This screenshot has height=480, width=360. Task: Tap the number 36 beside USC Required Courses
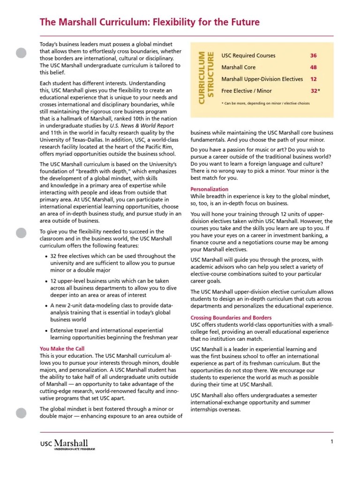(x=313, y=56)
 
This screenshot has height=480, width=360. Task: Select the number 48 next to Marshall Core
(x=313, y=67)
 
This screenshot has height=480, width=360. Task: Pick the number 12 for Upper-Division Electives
(x=313, y=79)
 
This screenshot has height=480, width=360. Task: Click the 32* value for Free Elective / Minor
(x=315, y=91)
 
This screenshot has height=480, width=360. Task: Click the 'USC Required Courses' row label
(x=248, y=56)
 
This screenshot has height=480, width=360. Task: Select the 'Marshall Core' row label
(x=238, y=67)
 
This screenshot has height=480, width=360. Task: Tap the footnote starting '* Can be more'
(x=265, y=103)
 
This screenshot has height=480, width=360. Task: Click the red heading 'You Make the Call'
(x=62, y=349)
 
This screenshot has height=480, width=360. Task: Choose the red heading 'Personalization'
(x=210, y=189)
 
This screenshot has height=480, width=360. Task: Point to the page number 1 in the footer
(x=331, y=442)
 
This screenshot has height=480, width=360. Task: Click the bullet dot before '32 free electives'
(x=45, y=256)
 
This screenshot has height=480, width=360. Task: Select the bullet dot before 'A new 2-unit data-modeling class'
(x=45, y=306)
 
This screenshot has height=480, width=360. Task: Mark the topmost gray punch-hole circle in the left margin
(x=22, y=53)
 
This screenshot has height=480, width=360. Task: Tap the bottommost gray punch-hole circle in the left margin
(x=22, y=413)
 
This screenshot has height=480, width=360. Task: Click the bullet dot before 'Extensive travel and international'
(x=45, y=330)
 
